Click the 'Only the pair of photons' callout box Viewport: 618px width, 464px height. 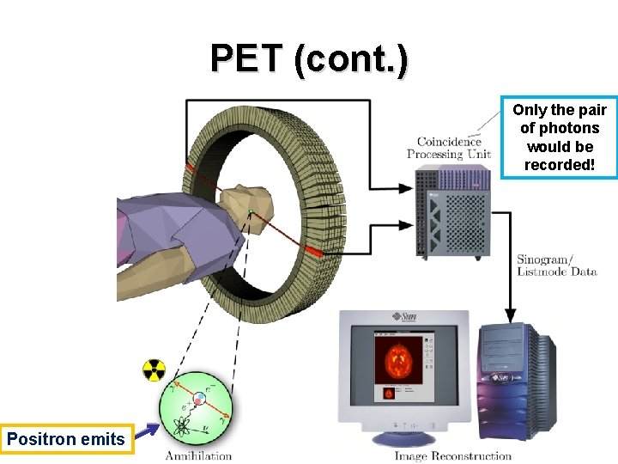pos(559,137)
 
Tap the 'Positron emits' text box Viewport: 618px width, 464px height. pos(66,440)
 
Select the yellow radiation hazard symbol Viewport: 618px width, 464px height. pos(154,370)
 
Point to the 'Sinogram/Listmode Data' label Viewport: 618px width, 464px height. pos(556,266)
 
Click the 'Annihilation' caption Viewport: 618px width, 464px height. pos(198,455)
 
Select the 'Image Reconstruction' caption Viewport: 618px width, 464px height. pos(452,455)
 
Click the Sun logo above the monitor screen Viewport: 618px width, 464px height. pos(404,317)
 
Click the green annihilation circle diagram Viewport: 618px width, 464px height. pos(197,409)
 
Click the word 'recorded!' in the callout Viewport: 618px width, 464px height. pos(559,164)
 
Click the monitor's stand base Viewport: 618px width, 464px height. pos(403,439)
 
